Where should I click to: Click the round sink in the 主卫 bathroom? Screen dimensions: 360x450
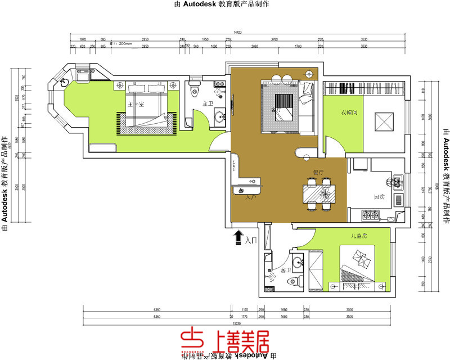click(219, 117)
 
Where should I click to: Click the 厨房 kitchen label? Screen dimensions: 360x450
click(379, 197)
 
